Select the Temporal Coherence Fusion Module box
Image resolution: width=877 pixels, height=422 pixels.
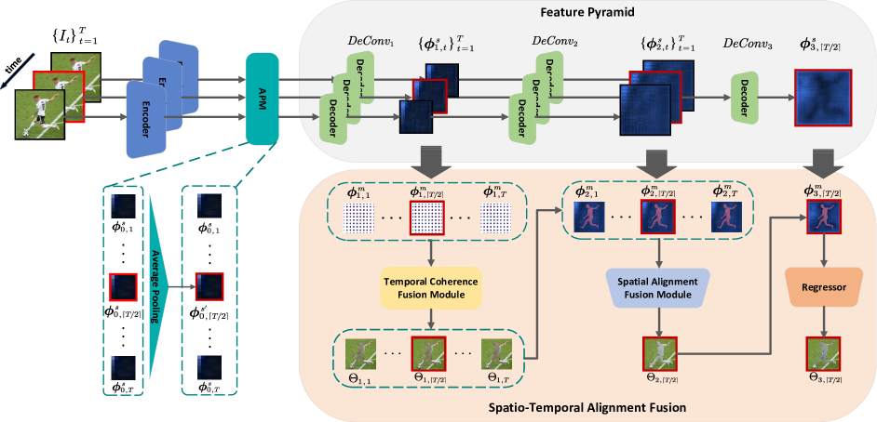pyautogui.click(x=430, y=288)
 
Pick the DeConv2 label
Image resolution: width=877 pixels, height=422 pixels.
pyautogui.click(x=555, y=42)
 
